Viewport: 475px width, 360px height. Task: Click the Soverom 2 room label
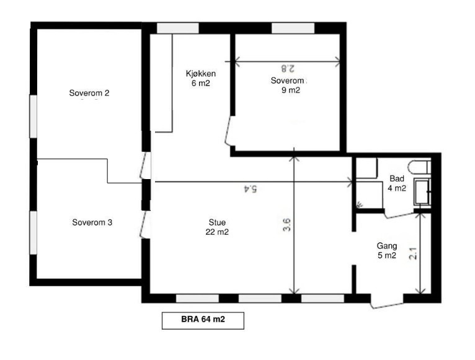point(89,93)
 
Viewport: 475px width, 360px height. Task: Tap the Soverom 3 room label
point(92,222)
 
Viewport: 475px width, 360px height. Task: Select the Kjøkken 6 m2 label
point(200,79)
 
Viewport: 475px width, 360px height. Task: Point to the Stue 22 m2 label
point(217,227)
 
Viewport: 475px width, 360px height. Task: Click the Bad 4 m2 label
point(397,183)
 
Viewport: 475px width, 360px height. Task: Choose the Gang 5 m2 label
point(387,250)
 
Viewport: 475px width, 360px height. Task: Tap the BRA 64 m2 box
point(203,320)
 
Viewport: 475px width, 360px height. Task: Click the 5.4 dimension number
point(251,189)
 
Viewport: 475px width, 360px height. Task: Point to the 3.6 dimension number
point(286,225)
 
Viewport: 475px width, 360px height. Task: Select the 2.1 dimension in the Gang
point(413,253)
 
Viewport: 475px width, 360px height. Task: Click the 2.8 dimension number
point(287,68)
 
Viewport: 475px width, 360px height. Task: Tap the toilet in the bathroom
point(419,167)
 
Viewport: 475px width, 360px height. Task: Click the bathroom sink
point(422,192)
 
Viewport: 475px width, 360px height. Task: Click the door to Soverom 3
point(145,224)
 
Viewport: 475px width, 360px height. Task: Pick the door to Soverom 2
point(145,165)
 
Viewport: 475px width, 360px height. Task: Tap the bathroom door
point(399,216)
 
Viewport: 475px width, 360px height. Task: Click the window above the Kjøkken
point(178,28)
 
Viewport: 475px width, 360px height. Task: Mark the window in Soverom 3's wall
point(33,232)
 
